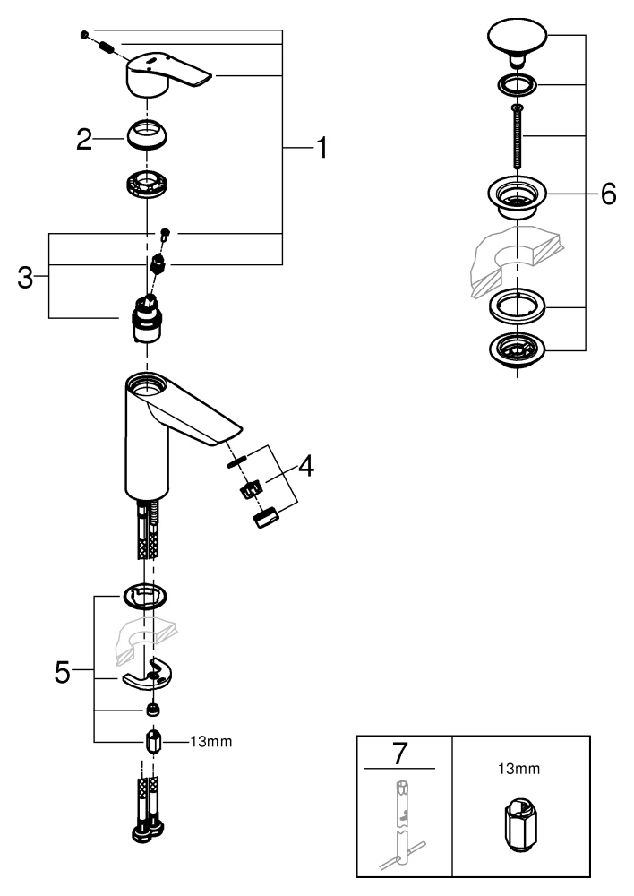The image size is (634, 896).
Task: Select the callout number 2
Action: click(x=83, y=139)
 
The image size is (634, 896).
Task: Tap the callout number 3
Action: click(x=27, y=277)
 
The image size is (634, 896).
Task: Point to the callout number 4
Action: click(x=305, y=467)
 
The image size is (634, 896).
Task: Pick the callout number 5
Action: click(x=62, y=671)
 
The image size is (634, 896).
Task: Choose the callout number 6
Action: click(x=608, y=194)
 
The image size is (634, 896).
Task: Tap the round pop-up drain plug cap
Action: click(x=516, y=40)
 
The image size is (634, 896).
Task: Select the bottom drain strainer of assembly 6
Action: click(x=518, y=350)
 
